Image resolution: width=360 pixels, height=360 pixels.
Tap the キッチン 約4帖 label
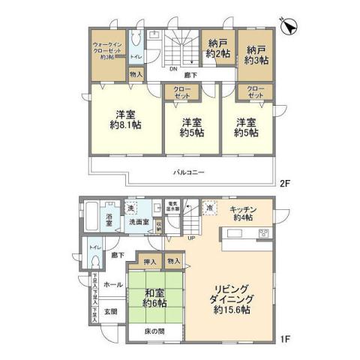244,213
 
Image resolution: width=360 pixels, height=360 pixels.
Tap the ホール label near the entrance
114,285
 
